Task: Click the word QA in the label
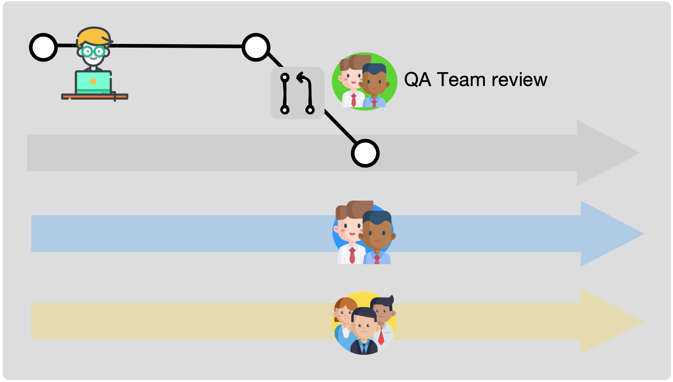417,80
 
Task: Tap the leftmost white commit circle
43,47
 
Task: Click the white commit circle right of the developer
256,47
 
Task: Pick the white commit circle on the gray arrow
365,153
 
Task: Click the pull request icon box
297,93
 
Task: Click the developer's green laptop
93,82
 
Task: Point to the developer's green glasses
93,52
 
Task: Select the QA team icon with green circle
364,81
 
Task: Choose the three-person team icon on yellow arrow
364,323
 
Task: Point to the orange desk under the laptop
95,97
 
